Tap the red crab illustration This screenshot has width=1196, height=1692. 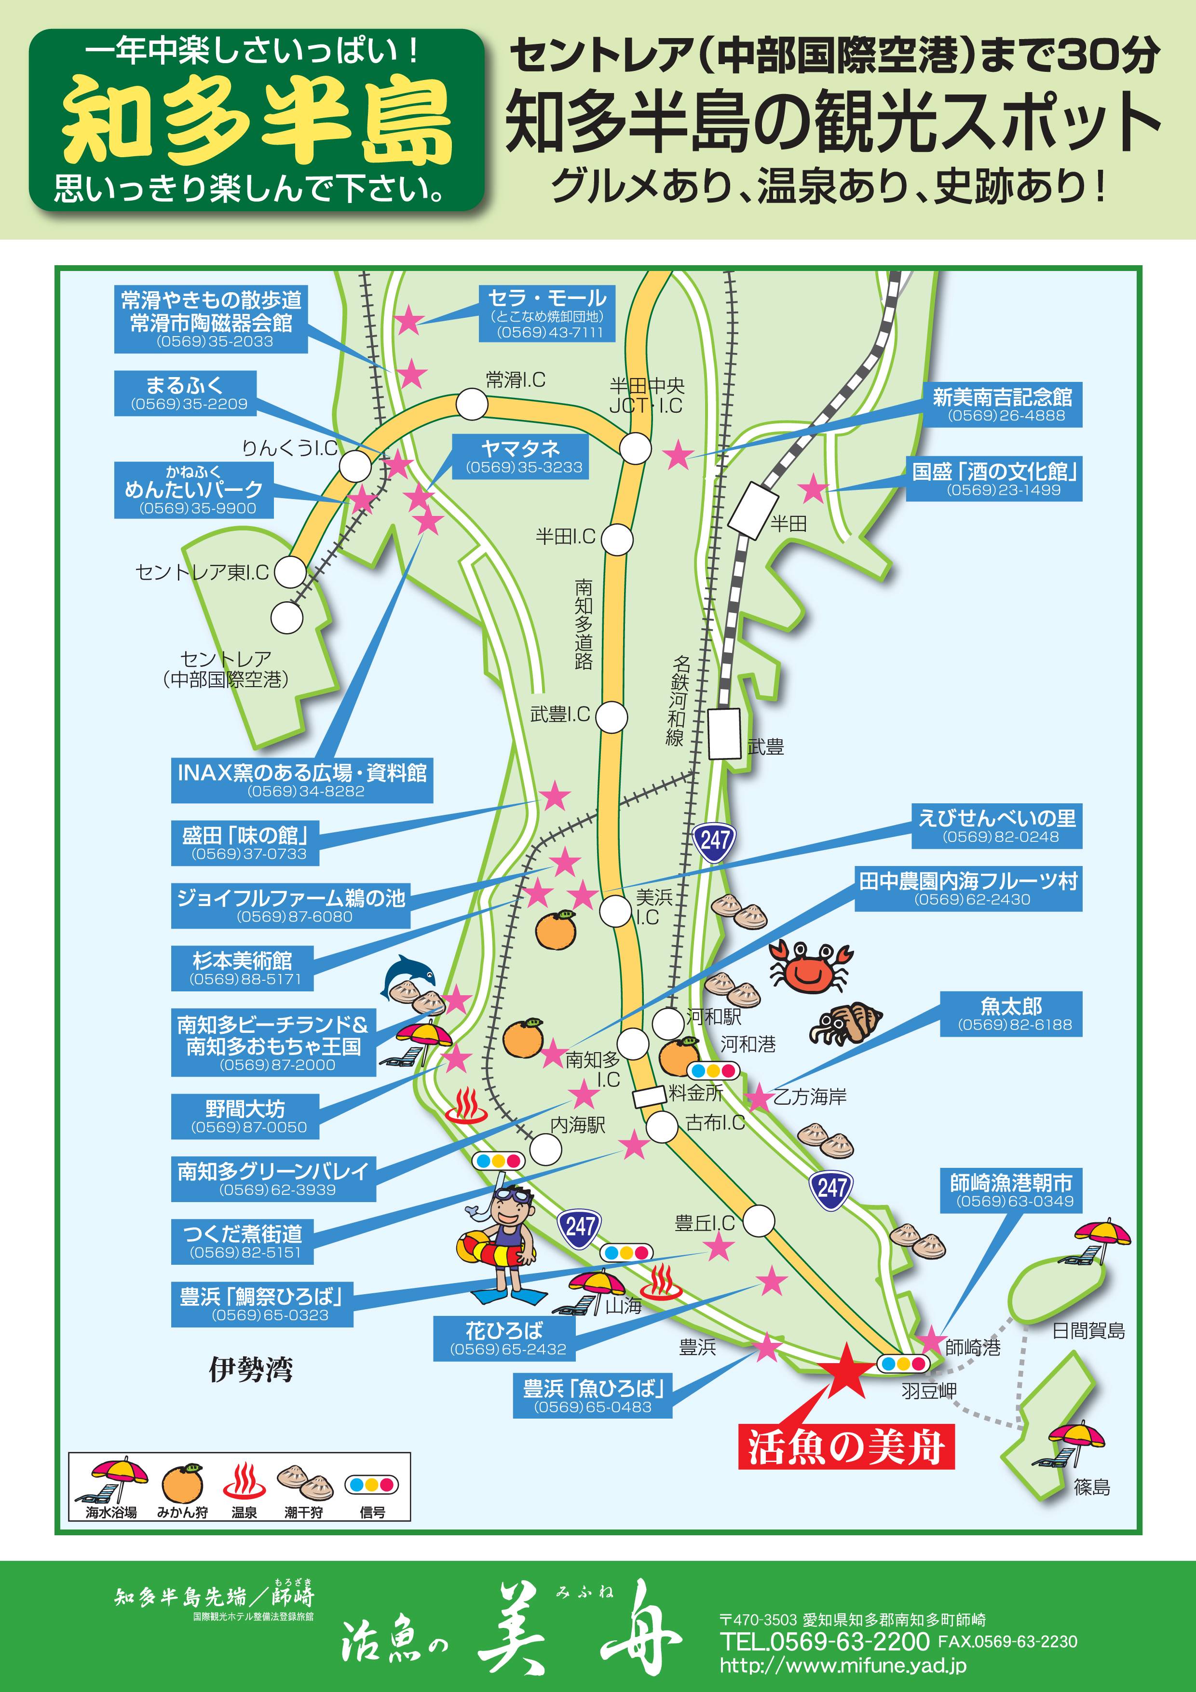click(810, 966)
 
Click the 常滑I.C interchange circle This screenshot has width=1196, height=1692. click(472, 404)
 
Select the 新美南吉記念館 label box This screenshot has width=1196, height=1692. click(1002, 405)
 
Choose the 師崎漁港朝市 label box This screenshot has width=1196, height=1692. click(1010, 1190)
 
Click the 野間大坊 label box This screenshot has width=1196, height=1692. click(245, 1116)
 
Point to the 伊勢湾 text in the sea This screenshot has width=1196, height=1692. click(251, 1370)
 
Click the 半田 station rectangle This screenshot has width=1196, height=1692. click(752, 510)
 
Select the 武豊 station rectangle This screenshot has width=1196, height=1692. click(724, 733)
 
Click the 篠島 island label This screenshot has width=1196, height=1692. click(1091, 1487)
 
